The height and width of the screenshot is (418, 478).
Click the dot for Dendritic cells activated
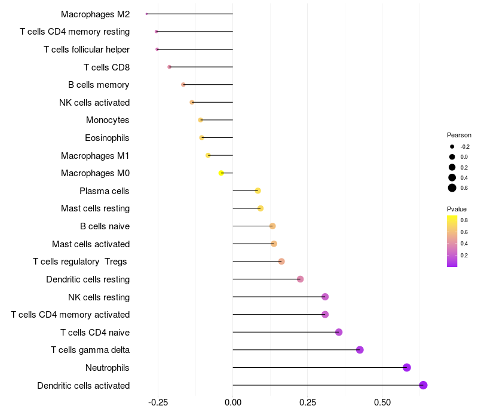click(x=423, y=385)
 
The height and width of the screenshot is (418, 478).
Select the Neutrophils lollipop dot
click(x=407, y=367)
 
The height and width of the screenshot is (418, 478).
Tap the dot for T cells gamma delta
click(x=360, y=350)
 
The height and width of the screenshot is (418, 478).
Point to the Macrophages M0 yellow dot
click(x=221, y=173)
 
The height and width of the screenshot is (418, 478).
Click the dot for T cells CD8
click(x=170, y=67)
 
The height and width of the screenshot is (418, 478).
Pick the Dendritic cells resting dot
click(x=300, y=279)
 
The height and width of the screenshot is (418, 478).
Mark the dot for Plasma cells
click(x=258, y=191)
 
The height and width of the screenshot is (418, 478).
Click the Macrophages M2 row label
click(x=95, y=14)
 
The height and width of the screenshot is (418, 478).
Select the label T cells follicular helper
click(x=87, y=49)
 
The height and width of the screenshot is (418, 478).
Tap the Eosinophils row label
click(x=107, y=138)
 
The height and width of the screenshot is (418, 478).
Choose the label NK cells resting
click(x=99, y=297)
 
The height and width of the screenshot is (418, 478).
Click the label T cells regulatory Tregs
click(x=81, y=262)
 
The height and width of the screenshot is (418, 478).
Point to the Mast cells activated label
click(x=91, y=244)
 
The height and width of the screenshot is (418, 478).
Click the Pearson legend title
click(x=459, y=135)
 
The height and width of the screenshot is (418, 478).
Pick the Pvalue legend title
click(x=456, y=209)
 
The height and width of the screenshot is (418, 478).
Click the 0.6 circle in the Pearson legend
click(x=452, y=188)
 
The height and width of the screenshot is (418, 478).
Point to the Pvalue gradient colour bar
click(x=452, y=241)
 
